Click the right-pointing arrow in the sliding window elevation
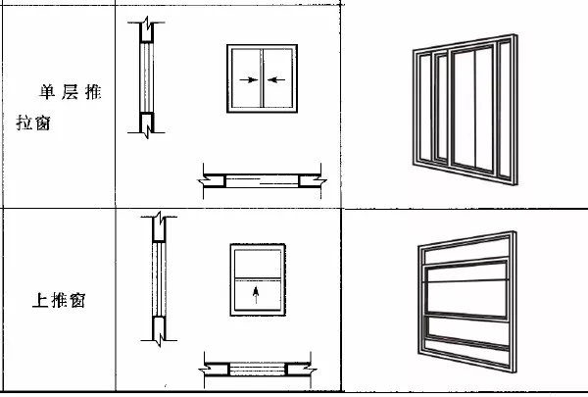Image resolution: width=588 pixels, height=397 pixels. tap(249, 79)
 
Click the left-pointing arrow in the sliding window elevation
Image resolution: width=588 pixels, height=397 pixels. tap(276, 79)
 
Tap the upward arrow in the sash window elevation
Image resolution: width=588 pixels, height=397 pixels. tap(256, 295)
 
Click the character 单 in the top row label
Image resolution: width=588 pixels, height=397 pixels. tap(47, 92)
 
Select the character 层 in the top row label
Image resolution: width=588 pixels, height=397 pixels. tap(71, 92)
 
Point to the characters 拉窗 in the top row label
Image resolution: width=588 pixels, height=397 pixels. tap(33, 123)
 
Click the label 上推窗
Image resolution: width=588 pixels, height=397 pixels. tap(59, 300)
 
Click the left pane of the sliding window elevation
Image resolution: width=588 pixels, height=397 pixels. tap(246, 78)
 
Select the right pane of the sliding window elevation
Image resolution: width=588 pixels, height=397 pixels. tap(278, 78)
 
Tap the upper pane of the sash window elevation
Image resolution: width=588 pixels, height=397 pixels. tap(258, 264)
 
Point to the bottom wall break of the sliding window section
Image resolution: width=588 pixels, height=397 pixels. tap(147, 124)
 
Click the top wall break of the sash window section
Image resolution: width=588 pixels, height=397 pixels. tap(159, 226)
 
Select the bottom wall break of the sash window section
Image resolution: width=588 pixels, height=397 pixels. tap(159, 330)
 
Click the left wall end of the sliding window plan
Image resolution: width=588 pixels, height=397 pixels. tap(212, 181)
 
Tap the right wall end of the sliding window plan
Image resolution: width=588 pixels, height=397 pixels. tap(313, 181)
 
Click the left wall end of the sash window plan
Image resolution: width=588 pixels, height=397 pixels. tap(214, 370)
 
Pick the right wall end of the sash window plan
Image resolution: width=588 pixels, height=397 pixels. tap(301, 370)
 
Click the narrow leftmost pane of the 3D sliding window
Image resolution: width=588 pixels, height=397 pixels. tap(425, 107)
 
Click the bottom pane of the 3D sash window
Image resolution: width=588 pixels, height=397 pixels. tap(468, 330)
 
